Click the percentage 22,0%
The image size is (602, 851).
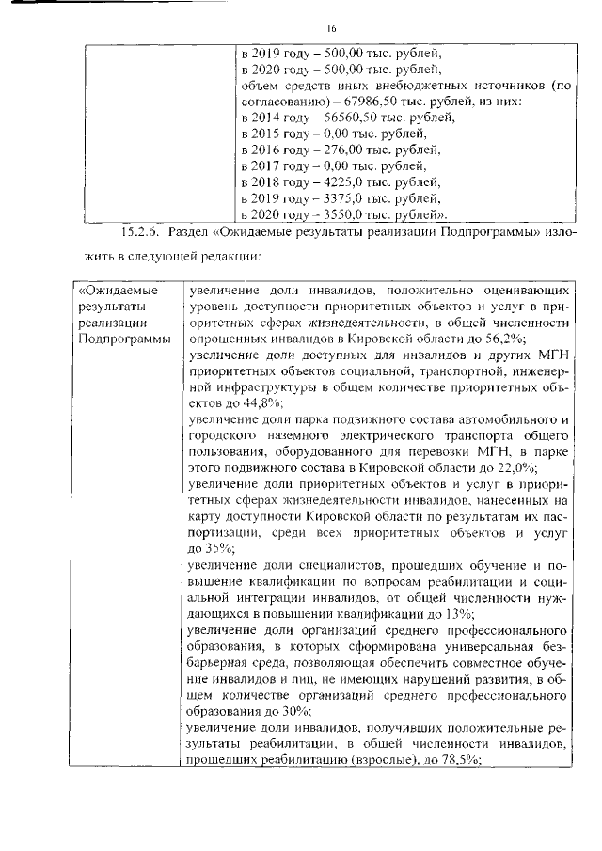[x=514, y=465]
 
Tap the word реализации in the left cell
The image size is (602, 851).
[x=112, y=322]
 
